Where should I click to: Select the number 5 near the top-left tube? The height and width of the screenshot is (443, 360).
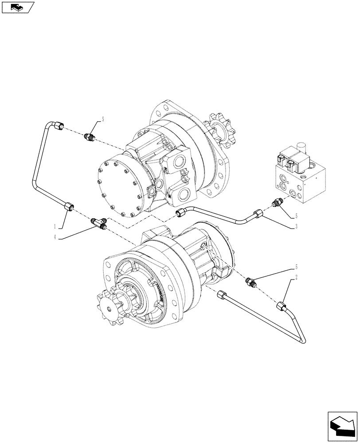coord(102,119)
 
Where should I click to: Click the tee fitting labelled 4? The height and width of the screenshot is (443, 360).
coord(98,221)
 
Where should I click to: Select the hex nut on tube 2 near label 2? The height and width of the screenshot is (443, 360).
coord(281,307)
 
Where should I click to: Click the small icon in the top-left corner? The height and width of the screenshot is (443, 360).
coord(17,7)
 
